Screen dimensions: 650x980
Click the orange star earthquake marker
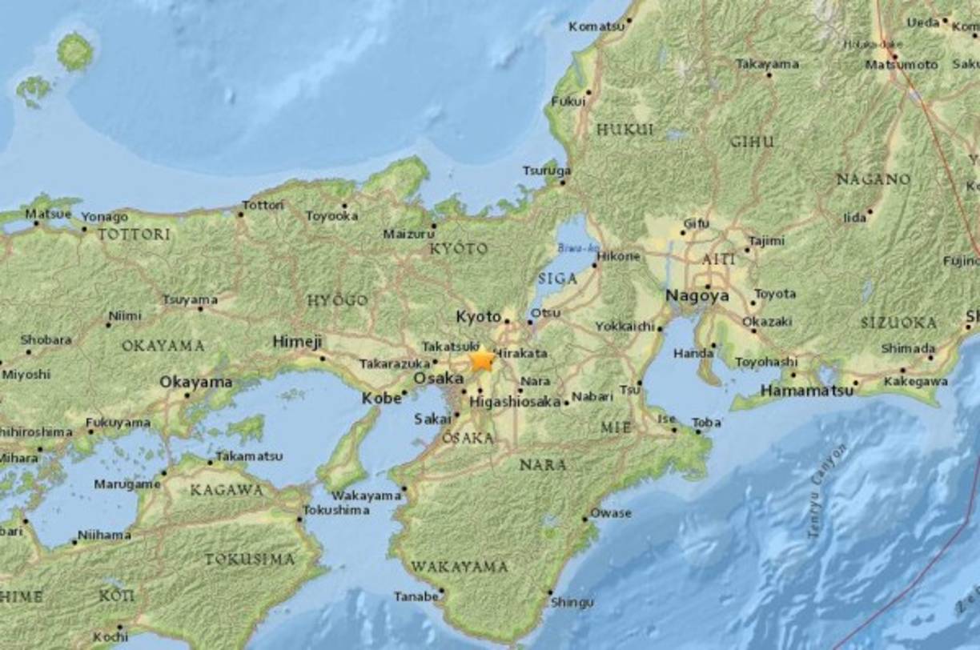tap(482, 360)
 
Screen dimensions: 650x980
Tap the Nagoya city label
tap(697, 296)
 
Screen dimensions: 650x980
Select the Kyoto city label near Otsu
tap(478, 317)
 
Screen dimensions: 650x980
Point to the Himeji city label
tap(297, 342)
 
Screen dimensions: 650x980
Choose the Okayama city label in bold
tap(195, 382)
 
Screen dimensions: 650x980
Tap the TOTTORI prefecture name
tap(134, 235)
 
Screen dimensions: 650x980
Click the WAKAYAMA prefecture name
tap(460, 567)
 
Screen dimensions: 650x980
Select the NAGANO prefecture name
tap(874, 179)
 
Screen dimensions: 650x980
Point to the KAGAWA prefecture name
tap(227, 490)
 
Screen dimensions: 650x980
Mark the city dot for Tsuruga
tap(563, 183)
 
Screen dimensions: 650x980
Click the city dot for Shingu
tap(550, 593)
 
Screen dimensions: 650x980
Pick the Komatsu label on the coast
tap(596, 26)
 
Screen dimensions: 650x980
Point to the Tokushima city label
tap(336, 510)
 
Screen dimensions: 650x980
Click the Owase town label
tap(611, 512)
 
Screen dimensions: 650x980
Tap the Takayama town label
tap(767, 63)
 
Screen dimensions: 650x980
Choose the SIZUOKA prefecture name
tap(898, 323)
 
